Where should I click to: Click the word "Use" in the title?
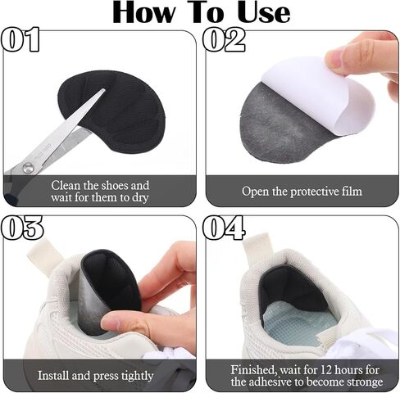point(264,12)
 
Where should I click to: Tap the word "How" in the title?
point(144,12)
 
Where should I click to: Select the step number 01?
point(20,39)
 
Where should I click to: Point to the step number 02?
point(224,39)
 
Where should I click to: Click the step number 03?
point(22,228)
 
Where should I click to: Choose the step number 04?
point(224,228)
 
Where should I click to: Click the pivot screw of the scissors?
point(28,167)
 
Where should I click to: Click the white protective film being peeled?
point(317,96)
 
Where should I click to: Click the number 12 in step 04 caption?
point(326,370)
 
